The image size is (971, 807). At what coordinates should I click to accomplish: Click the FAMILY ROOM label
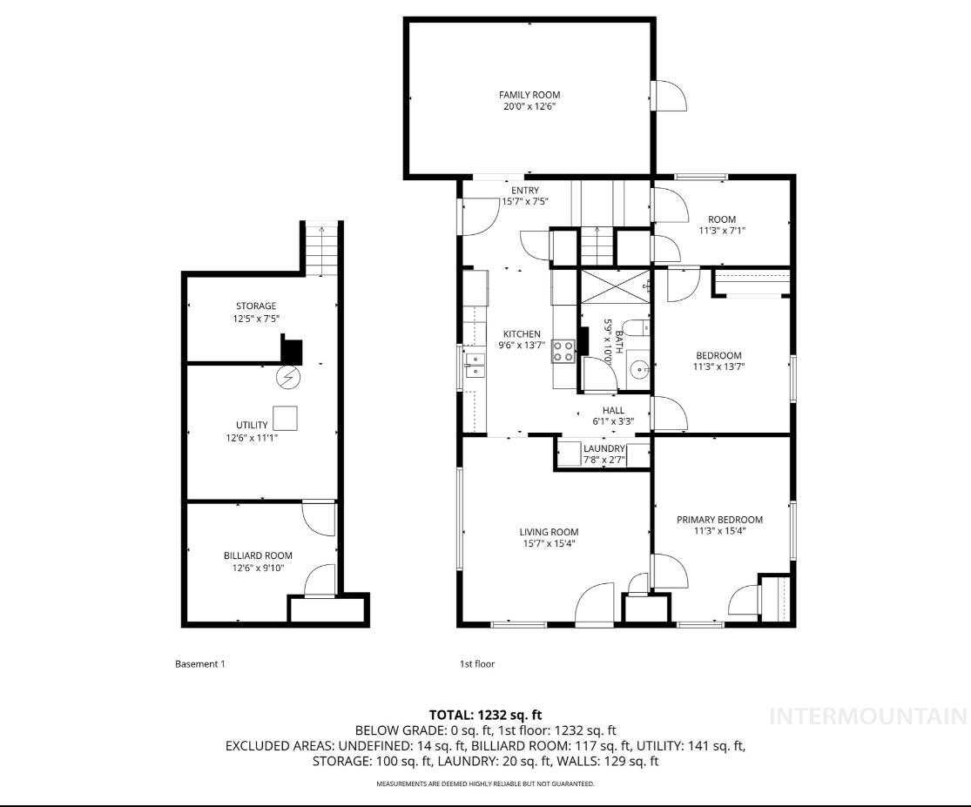click(529, 95)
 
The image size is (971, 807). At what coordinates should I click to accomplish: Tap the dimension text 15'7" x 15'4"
click(549, 543)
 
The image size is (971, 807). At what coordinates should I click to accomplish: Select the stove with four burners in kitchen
click(563, 351)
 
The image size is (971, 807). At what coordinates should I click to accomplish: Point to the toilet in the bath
click(637, 328)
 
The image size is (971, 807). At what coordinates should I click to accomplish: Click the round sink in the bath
click(641, 369)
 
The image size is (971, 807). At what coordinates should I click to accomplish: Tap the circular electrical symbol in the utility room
click(287, 378)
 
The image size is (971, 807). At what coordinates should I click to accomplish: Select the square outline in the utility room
click(286, 419)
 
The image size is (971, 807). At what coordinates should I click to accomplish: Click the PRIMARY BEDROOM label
click(719, 520)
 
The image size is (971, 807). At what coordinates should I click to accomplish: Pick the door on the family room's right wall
click(669, 95)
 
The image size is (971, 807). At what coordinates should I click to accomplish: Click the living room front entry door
click(596, 602)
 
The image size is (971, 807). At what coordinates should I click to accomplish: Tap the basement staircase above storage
click(322, 249)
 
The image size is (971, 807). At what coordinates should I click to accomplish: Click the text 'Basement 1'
click(200, 664)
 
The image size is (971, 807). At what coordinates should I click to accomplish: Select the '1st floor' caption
click(477, 664)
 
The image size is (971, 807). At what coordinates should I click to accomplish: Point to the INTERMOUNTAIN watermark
click(868, 716)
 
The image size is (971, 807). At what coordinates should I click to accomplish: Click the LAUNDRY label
click(604, 448)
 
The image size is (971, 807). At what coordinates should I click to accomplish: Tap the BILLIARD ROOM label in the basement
click(258, 555)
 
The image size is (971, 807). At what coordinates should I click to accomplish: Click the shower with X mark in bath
click(616, 286)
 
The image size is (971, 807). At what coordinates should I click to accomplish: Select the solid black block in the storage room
click(291, 350)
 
